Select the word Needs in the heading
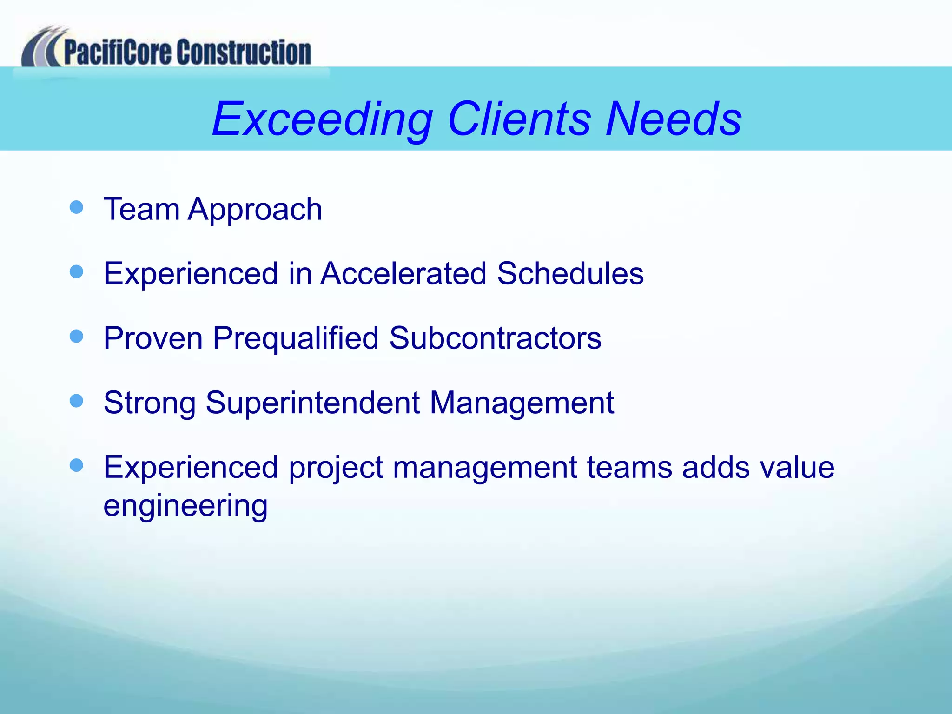click(x=674, y=119)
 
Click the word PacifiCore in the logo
click(x=118, y=52)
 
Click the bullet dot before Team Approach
click(x=76, y=207)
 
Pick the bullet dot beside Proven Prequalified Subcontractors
click(x=76, y=336)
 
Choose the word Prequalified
click(x=296, y=338)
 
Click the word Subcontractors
click(x=495, y=338)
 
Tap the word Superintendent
click(x=313, y=403)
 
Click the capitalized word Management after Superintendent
click(x=522, y=403)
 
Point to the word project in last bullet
click(x=336, y=468)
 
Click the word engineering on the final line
click(x=185, y=507)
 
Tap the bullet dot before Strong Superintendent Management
click(x=76, y=400)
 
